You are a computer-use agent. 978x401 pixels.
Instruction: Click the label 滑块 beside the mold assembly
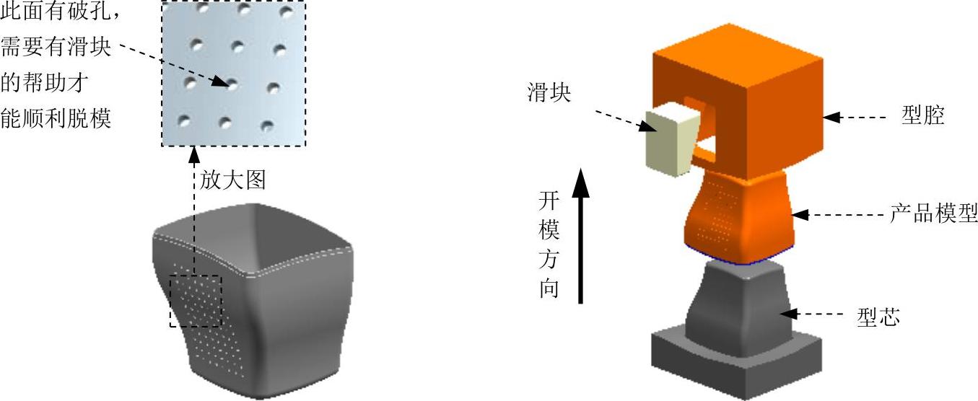click(x=549, y=94)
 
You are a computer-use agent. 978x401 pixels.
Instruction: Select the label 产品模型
click(x=933, y=214)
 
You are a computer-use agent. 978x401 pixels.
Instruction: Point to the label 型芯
click(x=878, y=315)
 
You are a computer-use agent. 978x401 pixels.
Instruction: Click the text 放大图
click(x=232, y=180)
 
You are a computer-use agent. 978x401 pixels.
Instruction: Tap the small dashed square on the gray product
click(x=196, y=301)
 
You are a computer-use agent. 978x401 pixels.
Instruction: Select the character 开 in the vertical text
click(x=549, y=200)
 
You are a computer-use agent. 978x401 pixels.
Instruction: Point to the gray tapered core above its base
click(x=733, y=303)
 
